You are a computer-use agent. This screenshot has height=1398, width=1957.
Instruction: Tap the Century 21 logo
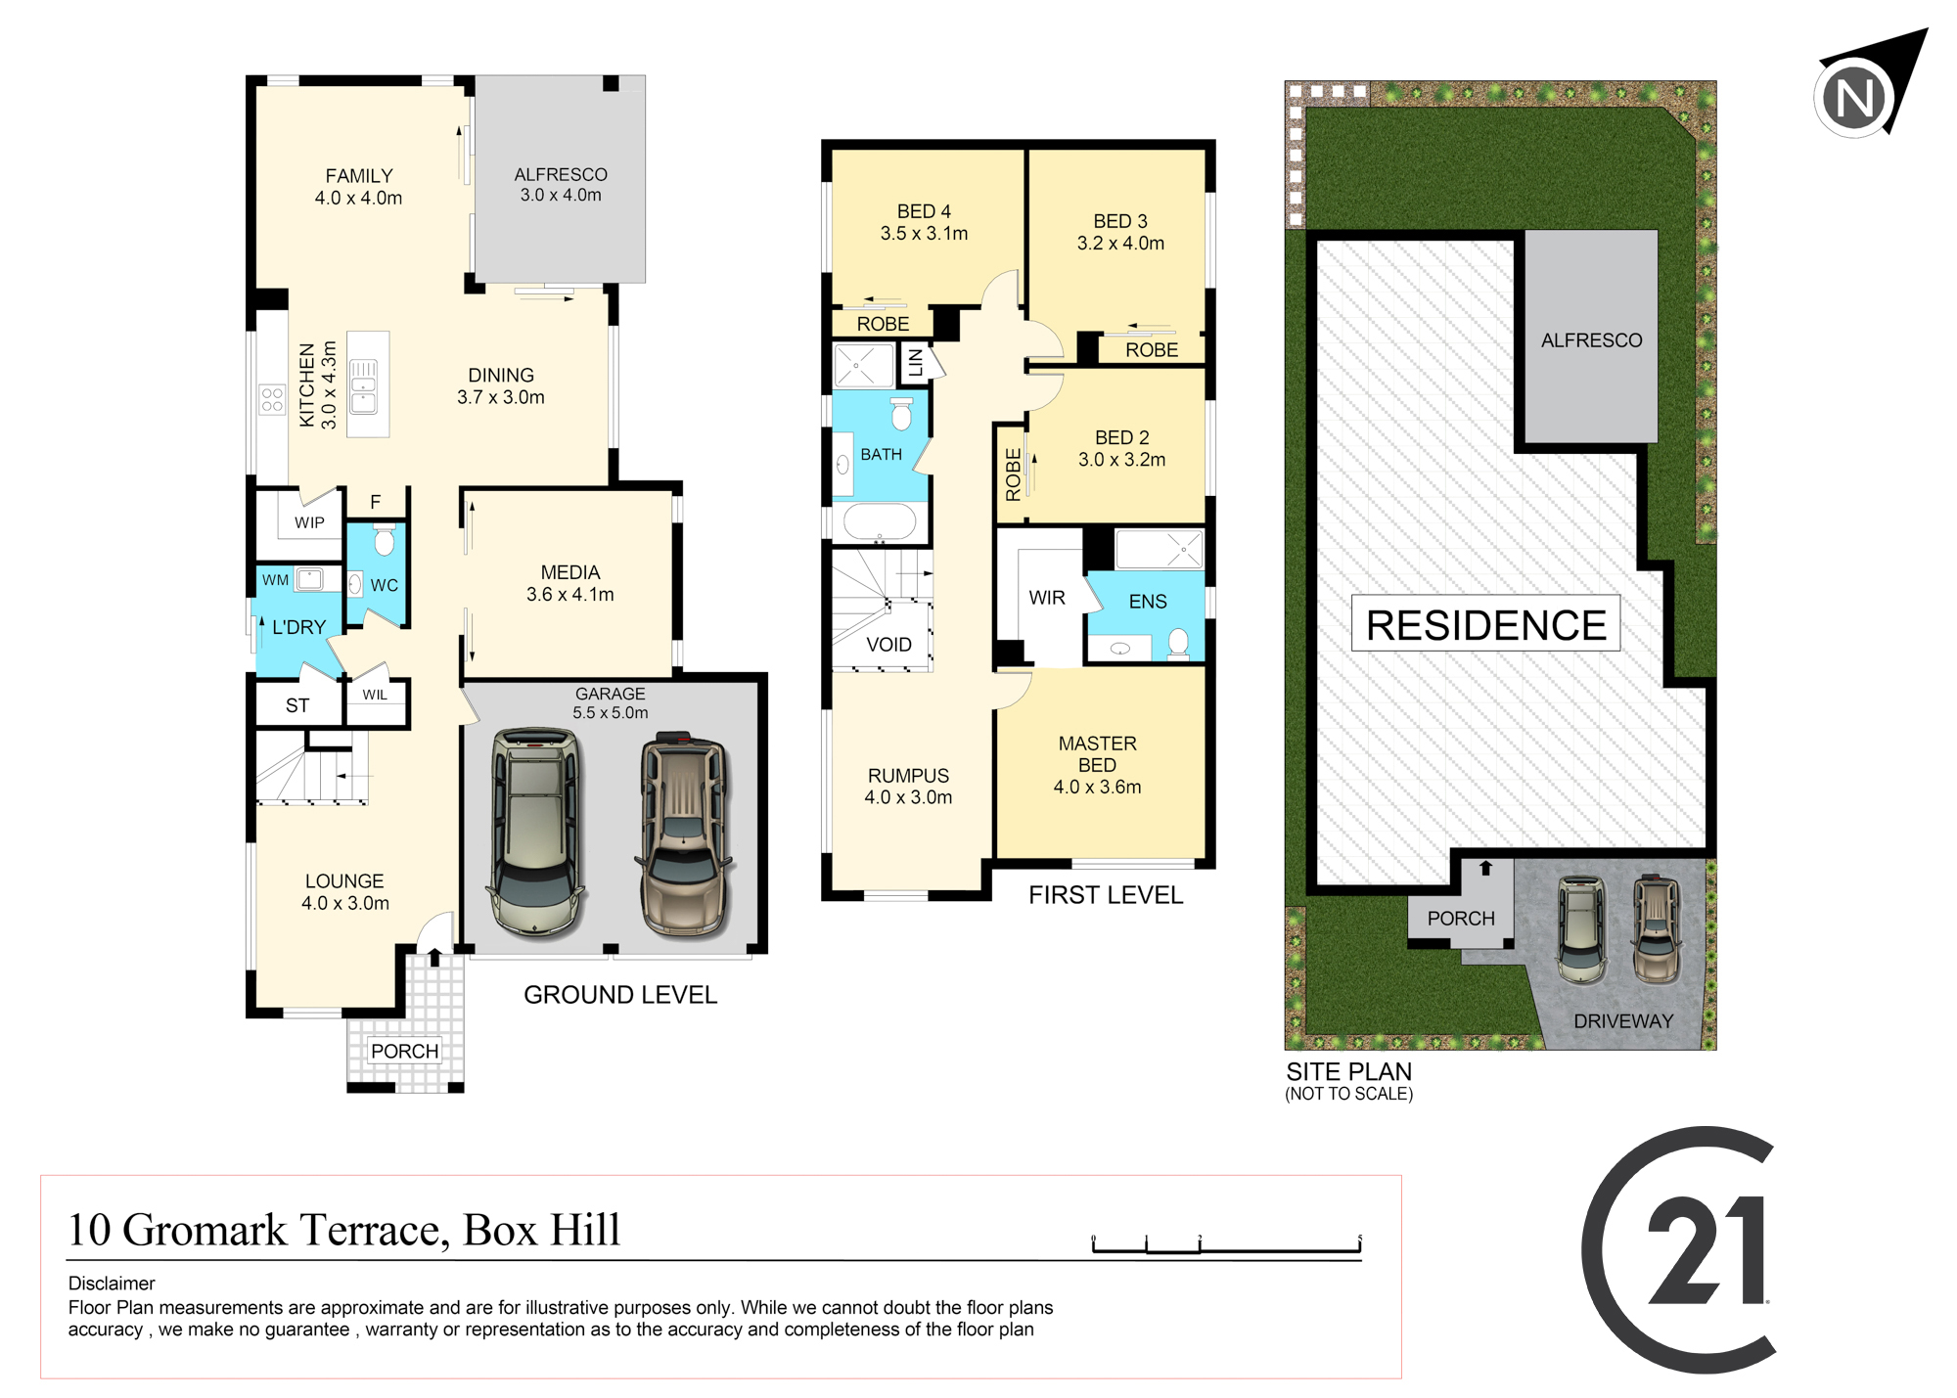pyautogui.click(x=1679, y=1250)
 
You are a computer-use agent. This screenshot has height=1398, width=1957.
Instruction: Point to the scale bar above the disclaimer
pyautogui.click(x=1227, y=1244)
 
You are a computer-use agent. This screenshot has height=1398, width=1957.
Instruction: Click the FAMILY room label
pyautogui.click(x=359, y=176)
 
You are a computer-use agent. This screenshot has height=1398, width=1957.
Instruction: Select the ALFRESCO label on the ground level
pyautogui.click(x=561, y=174)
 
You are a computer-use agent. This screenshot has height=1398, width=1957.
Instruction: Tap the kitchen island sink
pyautogui.click(x=363, y=384)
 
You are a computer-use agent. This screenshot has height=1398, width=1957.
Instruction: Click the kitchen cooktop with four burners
pyautogui.click(x=272, y=399)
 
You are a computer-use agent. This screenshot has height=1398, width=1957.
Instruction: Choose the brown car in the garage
pyautogui.click(x=684, y=834)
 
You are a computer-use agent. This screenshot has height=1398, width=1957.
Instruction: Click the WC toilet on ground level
pyautogui.click(x=385, y=539)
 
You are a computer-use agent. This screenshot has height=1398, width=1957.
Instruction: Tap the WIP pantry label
pyautogui.click(x=309, y=522)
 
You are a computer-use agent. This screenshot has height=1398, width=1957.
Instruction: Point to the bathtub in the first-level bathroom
pyautogui.click(x=880, y=522)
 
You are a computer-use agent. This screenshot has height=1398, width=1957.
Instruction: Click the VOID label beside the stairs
pyautogui.click(x=888, y=645)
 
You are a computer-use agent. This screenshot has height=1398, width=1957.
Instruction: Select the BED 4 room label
pyautogui.click(x=924, y=211)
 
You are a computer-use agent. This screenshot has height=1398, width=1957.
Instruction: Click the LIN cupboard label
pyautogui.click(x=916, y=362)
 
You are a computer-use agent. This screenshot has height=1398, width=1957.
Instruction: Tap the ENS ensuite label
pyautogui.click(x=1148, y=602)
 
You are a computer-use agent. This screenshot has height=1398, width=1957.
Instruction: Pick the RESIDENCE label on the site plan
pyautogui.click(x=1485, y=624)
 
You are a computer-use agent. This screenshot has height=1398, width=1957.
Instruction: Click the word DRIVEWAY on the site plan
pyautogui.click(x=1623, y=1021)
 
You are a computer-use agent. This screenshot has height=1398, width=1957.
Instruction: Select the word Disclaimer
pyautogui.click(x=112, y=1284)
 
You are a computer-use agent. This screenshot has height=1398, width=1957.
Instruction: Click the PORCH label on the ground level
pyautogui.click(x=404, y=1051)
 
